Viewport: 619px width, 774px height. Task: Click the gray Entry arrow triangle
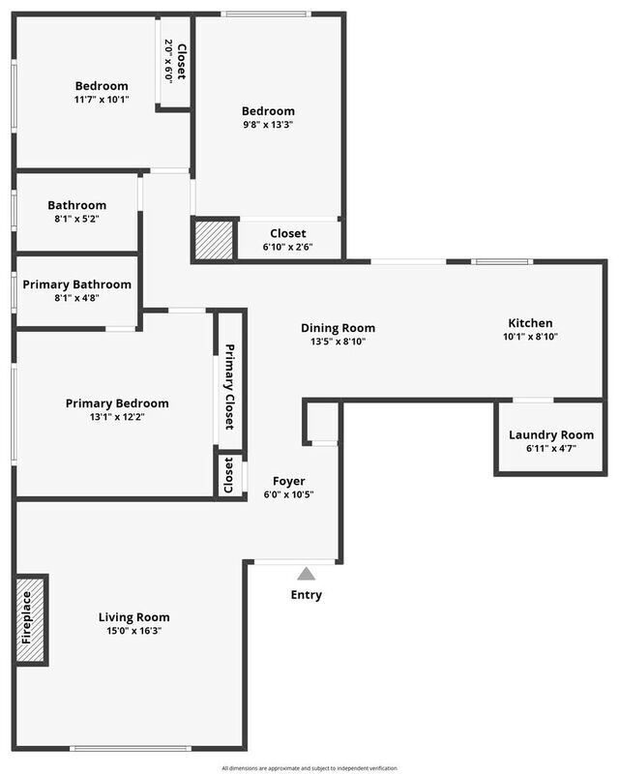pyautogui.click(x=306, y=574)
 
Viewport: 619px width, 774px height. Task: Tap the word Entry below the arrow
pyautogui.click(x=306, y=595)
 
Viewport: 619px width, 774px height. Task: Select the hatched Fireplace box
pyautogui.click(x=31, y=620)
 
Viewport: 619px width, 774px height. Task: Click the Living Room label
pyautogui.click(x=133, y=617)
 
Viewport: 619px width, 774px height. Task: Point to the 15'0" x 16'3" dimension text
pyautogui.click(x=133, y=631)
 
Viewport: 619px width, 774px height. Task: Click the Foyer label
pyautogui.click(x=289, y=481)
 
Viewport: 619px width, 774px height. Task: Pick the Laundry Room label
pyautogui.click(x=551, y=434)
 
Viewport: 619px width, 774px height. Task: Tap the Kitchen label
pyautogui.click(x=530, y=323)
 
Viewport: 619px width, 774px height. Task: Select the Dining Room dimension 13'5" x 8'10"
pyautogui.click(x=339, y=342)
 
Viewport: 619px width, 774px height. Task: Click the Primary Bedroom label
pyautogui.click(x=117, y=403)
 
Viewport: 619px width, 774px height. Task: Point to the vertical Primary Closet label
pyautogui.click(x=229, y=386)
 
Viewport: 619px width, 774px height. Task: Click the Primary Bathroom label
pyautogui.click(x=77, y=284)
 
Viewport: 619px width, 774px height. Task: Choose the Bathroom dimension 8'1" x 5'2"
pyautogui.click(x=77, y=219)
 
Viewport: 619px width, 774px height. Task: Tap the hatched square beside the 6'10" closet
pyautogui.click(x=214, y=240)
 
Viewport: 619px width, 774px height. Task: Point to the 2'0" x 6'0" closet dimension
pyautogui.click(x=169, y=61)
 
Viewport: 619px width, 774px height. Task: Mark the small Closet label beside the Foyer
pyautogui.click(x=228, y=475)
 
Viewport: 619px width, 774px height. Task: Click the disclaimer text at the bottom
pyautogui.click(x=309, y=768)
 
